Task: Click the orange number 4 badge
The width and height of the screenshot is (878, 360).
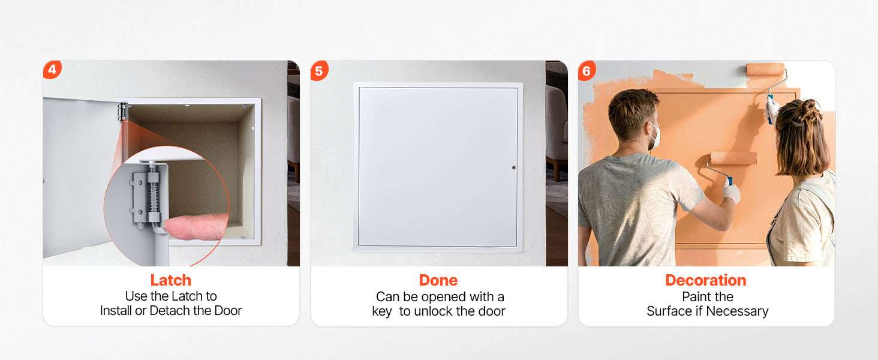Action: coord(53,70)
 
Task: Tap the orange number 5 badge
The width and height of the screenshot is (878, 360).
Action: coord(319,71)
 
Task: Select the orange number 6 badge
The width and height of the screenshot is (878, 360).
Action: coord(587,71)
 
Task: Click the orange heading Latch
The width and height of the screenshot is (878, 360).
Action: coord(171,280)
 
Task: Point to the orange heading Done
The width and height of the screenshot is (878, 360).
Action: coord(438,280)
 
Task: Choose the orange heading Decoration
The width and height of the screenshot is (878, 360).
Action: coord(705,280)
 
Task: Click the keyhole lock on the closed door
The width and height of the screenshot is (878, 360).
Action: coord(514,167)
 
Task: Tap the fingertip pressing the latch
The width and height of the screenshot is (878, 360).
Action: coord(196,226)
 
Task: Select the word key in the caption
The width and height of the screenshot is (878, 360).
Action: coord(382,312)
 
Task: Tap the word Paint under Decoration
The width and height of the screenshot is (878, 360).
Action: coord(695,297)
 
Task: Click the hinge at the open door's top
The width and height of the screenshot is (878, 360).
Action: coord(123,112)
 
